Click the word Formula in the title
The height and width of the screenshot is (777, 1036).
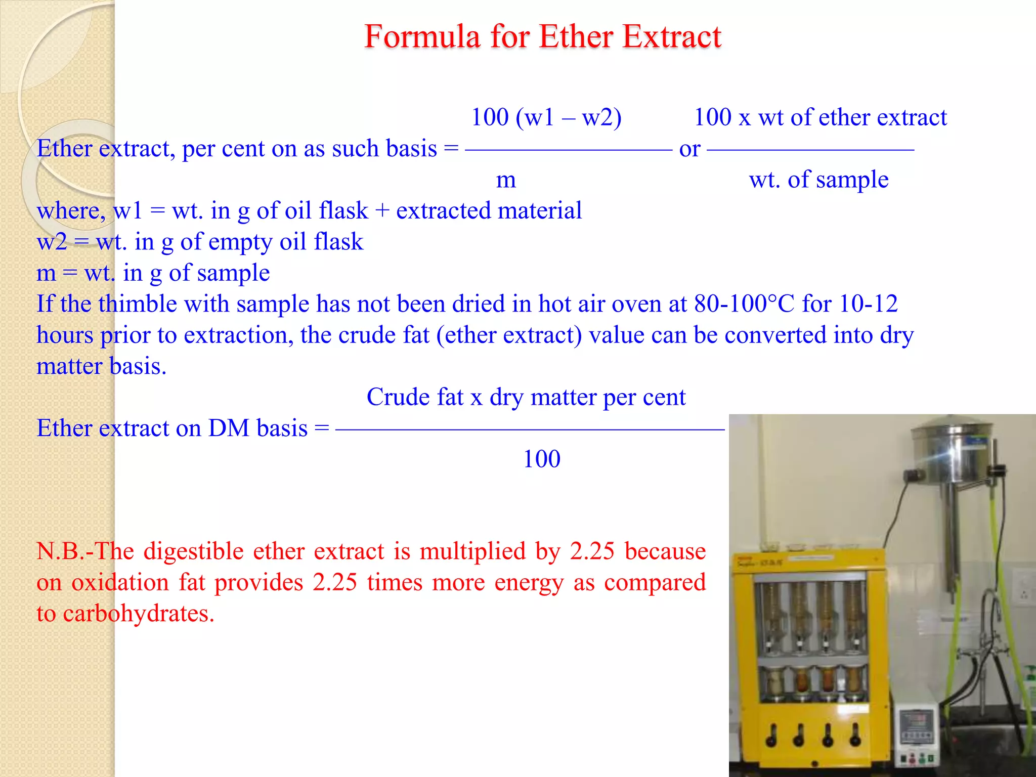pos(422,37)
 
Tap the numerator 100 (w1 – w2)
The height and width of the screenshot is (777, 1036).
pos(546,117)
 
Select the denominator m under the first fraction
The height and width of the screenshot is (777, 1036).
pos(506,180)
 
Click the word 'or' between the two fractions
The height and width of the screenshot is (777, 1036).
pos(689,149)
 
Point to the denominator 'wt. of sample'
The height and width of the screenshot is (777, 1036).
pos(818,180)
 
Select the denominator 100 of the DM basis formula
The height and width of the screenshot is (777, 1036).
pos(541,459)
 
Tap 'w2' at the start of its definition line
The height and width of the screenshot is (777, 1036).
pos(52,242)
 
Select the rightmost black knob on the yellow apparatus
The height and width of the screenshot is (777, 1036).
pos(855,736)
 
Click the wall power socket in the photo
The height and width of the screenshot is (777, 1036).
pos(1022,590)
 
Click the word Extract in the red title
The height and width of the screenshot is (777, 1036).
pos(672,37)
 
